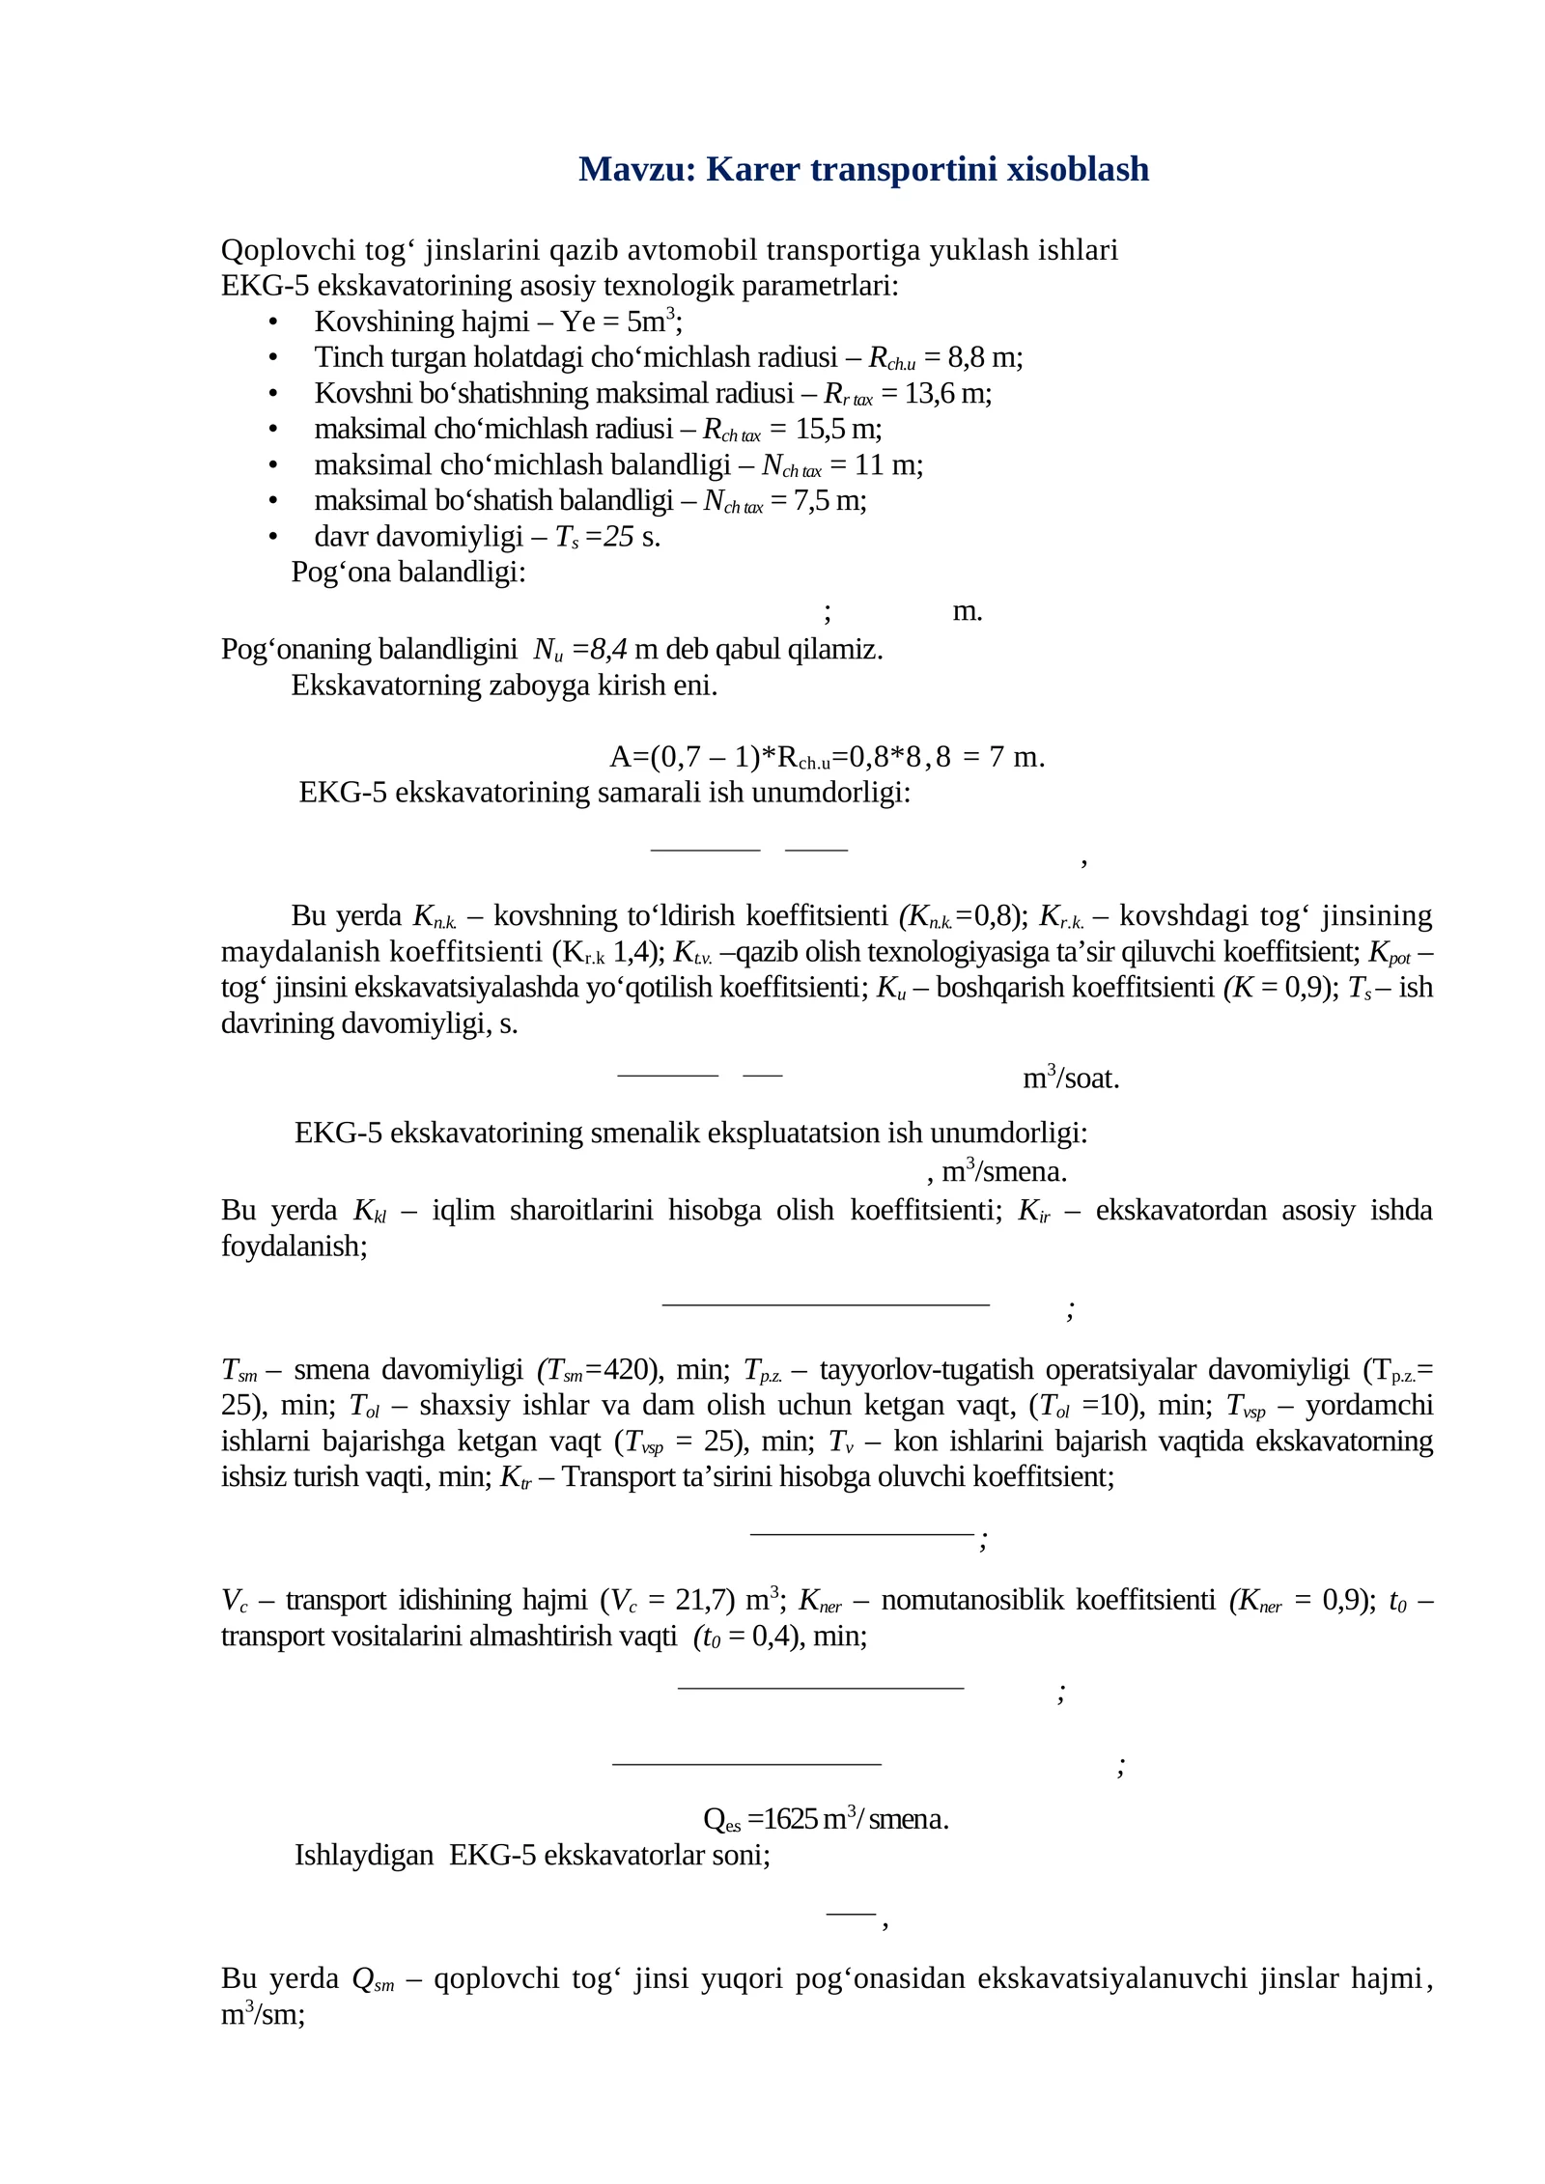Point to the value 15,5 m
(836, 430)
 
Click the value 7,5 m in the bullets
(828, 501)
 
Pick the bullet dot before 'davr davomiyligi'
(273, 537)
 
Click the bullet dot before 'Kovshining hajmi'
(273, 322)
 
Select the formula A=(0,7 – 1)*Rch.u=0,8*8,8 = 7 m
(827, 758)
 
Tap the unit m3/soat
(1071, 1078)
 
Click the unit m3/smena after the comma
(1004, 1172)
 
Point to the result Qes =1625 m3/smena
(826, 1820)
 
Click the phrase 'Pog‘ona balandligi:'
(408, 573)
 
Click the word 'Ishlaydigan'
(364, 1856)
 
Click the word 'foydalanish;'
(295, 1246)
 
